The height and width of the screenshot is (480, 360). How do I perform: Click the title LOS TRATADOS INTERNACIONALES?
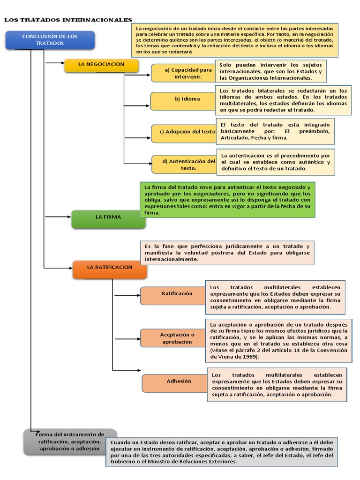tap(68, 20)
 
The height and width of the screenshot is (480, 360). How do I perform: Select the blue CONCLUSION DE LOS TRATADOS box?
tap(50, 40)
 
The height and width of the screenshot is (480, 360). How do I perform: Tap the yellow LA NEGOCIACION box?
tap(101, 65)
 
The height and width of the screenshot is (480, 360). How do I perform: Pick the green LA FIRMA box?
tap(108, 218)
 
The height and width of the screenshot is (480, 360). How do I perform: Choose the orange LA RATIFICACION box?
tap(110, 268)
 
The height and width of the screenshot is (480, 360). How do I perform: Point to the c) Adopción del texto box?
tap(183, 132)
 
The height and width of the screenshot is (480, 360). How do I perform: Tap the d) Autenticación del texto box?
tap(183, 164)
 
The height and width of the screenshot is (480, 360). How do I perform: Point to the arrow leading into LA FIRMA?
tap(57, 217)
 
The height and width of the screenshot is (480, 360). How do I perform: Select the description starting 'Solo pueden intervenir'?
tap(271, 71)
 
